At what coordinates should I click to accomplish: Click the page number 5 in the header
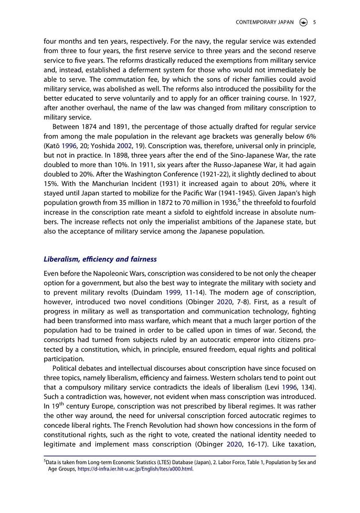tap(314, 22)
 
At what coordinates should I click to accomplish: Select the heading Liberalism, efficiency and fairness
tap(100, 259)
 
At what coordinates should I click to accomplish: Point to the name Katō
tap(52, 137)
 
